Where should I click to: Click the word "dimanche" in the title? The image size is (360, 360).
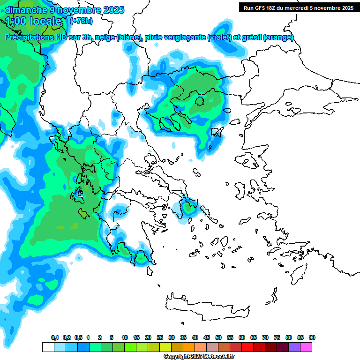coord(26,9)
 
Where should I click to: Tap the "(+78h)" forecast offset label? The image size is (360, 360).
coord(81,21)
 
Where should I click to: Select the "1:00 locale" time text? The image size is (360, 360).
coord(33,21)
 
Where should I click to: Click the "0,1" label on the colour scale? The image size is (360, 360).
coord(55,338)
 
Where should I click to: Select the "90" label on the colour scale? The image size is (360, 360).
coord(312,338)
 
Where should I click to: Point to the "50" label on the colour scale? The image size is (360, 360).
coord(218,338)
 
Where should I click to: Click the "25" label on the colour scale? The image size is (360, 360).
coord(160,338)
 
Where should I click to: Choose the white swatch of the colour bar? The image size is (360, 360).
coord(48,347)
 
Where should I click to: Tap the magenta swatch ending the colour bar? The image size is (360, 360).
coord(306,347)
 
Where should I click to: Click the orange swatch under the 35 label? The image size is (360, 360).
coord(189,347)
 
